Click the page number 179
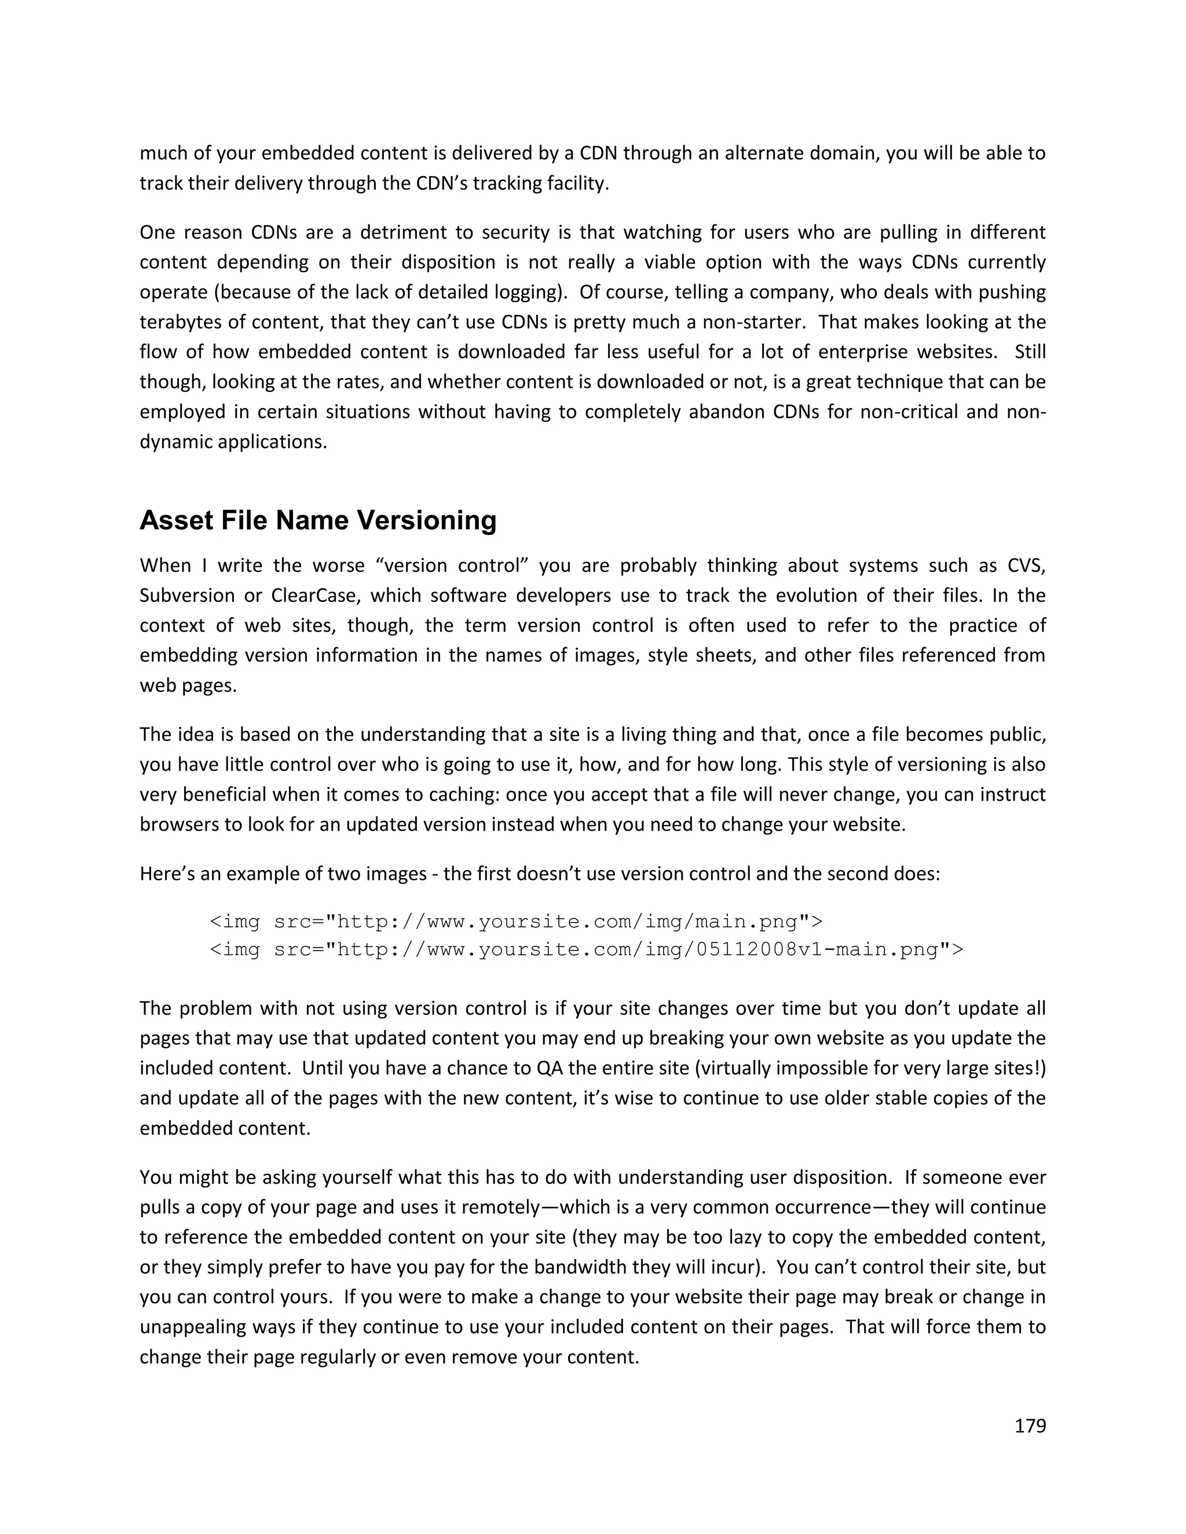pos(1030,1426)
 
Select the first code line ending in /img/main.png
pos(516,921)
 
